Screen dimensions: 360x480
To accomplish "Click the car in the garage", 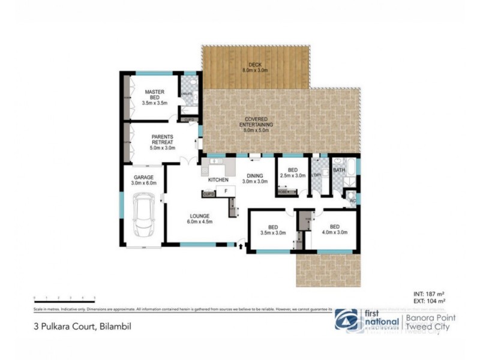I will click(x=145, y=217).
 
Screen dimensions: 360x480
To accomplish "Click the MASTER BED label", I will click(x=154, y=95).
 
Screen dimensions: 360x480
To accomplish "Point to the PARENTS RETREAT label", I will click(x=162, y=139).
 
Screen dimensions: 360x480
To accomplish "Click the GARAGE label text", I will click(x=144, y=178).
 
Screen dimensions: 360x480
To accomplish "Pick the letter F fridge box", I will click(x=226, y=191).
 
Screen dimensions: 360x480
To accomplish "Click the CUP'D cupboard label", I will click(x=208, y=194).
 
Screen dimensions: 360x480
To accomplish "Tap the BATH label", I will click(x=339, y=170).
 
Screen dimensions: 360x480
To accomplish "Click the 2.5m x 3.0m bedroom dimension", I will click(x=293, y=176).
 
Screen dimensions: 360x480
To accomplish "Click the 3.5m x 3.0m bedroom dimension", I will click(x=273, y=232).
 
